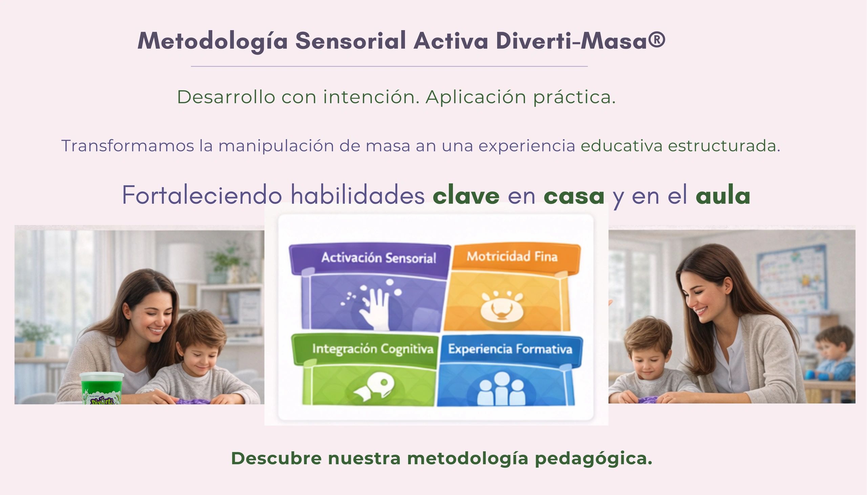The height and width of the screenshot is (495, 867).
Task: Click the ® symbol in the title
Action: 656,40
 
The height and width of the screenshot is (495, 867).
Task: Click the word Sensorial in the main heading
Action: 351,41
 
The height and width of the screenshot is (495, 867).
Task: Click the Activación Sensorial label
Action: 378,258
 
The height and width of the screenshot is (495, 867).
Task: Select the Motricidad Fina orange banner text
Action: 512,256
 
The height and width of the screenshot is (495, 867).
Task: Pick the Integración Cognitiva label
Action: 373,349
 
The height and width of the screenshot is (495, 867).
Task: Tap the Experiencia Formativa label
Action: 510,349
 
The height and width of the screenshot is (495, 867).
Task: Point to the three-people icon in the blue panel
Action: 501,388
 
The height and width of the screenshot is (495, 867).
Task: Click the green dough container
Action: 101,388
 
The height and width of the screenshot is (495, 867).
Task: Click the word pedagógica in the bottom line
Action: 593,458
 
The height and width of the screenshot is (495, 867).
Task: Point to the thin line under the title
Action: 389,66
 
